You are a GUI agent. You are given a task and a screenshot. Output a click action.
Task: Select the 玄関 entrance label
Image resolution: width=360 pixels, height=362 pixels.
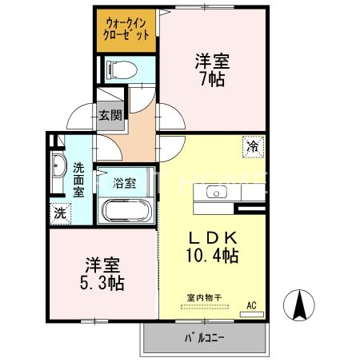110,114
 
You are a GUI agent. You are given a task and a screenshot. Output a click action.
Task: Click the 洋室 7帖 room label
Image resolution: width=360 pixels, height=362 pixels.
211,70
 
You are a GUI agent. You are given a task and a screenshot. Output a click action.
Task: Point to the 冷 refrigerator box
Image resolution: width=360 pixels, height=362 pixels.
252,146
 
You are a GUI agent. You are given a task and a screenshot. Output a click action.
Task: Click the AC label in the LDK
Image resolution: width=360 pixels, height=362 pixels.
251,304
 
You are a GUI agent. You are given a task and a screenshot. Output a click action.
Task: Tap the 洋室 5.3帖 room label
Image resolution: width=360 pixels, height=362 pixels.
99,273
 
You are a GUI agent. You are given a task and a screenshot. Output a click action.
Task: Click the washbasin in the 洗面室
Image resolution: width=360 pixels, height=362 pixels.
58,169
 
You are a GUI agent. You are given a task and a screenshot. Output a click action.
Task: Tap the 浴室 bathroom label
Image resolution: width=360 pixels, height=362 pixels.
124,182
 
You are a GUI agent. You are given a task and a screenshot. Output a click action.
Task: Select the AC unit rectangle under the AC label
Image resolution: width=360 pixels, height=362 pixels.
251,314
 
